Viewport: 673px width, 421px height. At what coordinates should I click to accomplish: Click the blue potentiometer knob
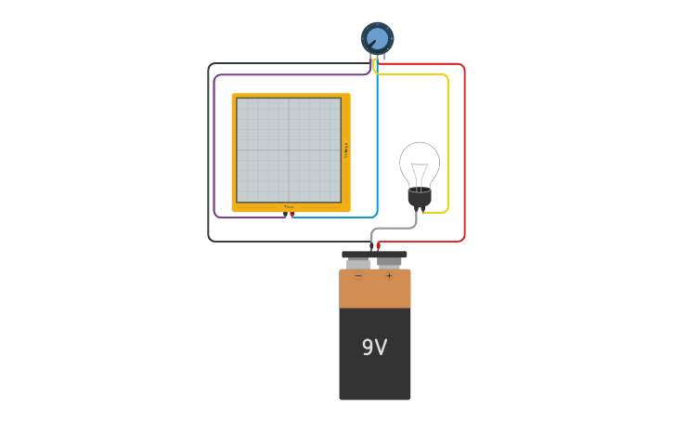point(377,38)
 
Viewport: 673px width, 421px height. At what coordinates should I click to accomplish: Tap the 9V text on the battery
point(374,348)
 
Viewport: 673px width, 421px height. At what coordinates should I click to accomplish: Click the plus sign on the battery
point(389,276)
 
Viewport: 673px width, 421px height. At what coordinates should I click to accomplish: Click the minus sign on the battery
point(358,276)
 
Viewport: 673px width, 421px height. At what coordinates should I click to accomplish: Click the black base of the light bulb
point(420,197)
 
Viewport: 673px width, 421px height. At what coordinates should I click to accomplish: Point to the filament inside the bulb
point(420,175)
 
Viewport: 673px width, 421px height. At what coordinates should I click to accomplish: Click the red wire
point(463,149)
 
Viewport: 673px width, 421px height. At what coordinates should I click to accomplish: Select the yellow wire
point(447,139)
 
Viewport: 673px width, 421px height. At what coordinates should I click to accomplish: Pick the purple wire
point(214,139)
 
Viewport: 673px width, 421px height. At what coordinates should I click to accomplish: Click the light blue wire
point(377,139)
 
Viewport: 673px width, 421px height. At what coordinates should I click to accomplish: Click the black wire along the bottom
point(278,241)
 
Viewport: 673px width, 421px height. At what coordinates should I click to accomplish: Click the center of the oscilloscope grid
point(289,150)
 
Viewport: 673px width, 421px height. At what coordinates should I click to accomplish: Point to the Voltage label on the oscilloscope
point(346,150)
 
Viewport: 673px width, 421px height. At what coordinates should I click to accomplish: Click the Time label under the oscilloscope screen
point(289,207)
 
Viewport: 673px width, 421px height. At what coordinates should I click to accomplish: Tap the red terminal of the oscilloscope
point(292,214)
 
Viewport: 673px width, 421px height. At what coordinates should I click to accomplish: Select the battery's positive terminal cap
point(389,262)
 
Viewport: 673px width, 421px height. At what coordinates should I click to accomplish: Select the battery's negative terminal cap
point(358,263)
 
